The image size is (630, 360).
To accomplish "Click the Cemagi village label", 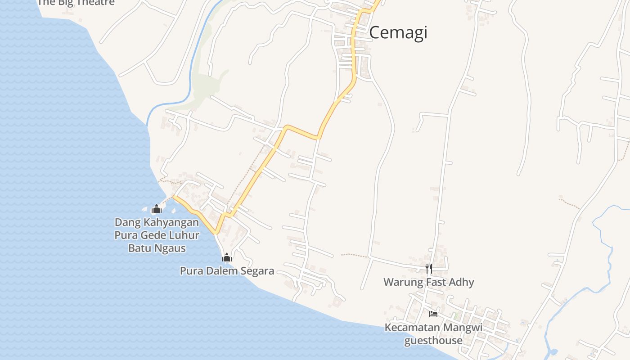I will pyautogui.click(x=398, y=33).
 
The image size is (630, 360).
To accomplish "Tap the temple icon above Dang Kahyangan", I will pyautogui.click(x=157, y=209).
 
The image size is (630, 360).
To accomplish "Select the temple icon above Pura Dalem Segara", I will pyautogui.click(x=227, y=257).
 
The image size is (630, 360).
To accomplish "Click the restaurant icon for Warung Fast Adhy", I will pyautogui.click(x=429, y=269).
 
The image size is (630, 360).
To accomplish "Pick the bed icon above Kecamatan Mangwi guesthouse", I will pyautogui.click(x=433, y=314).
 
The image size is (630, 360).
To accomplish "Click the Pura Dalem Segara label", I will pyautogui.click(x=227, y=271).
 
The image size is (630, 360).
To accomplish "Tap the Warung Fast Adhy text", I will pyautogui.click(x=428, y=282).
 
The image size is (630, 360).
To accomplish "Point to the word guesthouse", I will pyautogui.click(x=433, y=340).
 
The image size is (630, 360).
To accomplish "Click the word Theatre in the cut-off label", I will pyautogui.click(x=94, y=3).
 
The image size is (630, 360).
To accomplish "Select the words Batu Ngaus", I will pyautogui.click(x=157, y=248).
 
